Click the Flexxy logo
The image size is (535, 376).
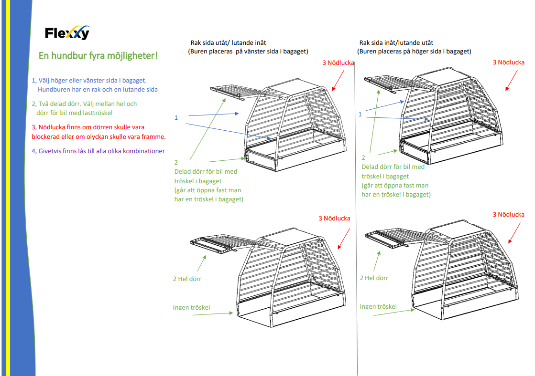67,33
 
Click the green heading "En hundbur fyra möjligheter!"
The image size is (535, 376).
98,56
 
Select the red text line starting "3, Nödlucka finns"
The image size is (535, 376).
88,127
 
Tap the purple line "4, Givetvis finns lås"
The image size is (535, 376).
98,151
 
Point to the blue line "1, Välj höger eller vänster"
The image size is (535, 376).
89,80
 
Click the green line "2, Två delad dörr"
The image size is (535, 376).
84,104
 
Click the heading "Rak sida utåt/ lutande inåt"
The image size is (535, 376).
229,42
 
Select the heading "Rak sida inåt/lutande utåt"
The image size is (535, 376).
396,42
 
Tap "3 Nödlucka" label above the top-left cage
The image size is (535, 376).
338,63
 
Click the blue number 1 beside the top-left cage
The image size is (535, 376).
176,117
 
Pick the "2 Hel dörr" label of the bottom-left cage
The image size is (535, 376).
187,279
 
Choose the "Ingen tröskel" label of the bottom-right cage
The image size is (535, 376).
378,306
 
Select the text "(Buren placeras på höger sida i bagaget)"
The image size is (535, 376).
414,51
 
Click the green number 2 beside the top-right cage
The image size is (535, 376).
363,157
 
